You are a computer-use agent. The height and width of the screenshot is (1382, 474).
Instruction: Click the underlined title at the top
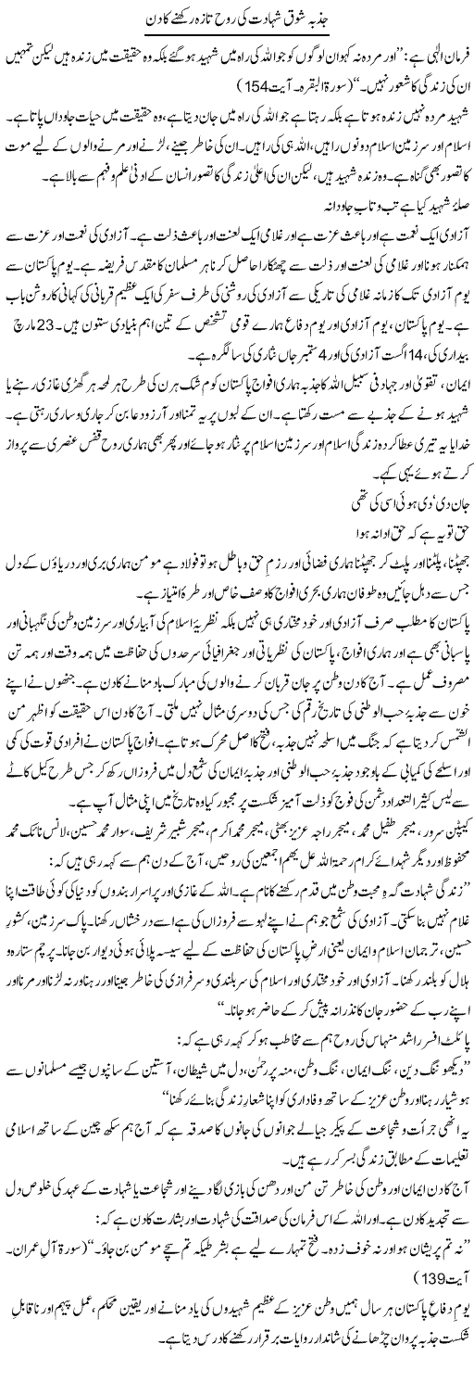pos(236,18)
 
